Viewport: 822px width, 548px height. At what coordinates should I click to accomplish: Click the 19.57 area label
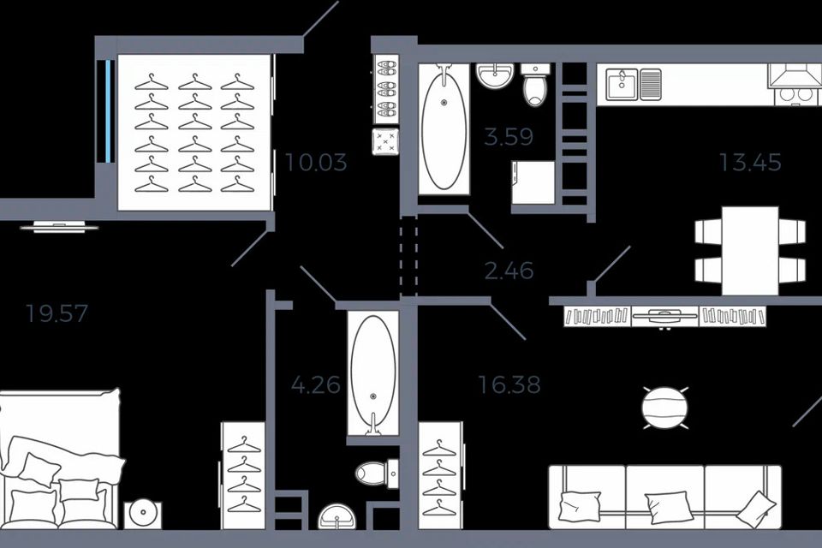pos(57,313)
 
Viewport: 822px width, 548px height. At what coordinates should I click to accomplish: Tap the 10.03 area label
pos(316,162)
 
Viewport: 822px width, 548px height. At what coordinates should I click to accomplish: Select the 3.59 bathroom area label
pos(509,137)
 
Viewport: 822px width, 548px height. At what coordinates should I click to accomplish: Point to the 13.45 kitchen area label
pos(750,162)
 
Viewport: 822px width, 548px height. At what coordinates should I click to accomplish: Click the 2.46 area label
pos(509,271)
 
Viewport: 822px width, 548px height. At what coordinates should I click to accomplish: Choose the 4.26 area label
pos(315,384)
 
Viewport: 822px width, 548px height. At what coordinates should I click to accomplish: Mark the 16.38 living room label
pos(509,385)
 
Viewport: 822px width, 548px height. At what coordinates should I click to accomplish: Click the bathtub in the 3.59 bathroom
pos(444,129)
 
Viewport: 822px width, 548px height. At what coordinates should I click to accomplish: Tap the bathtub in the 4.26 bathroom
pos(373,372)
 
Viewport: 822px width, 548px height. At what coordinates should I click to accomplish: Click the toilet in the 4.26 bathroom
pos(375,472)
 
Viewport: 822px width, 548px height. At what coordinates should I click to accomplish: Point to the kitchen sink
pos(634,84)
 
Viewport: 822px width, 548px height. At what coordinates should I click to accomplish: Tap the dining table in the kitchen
pos(750,250)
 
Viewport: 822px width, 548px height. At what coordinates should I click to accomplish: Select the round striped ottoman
pos(664,408)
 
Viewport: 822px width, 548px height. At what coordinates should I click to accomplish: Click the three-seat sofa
pos(664,497)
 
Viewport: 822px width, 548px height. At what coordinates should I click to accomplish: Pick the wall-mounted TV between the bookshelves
pos(664,316)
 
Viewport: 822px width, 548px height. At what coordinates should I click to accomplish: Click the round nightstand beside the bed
pos(142,515)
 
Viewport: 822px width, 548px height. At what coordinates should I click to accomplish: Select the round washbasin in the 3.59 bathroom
pos(494,77)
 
